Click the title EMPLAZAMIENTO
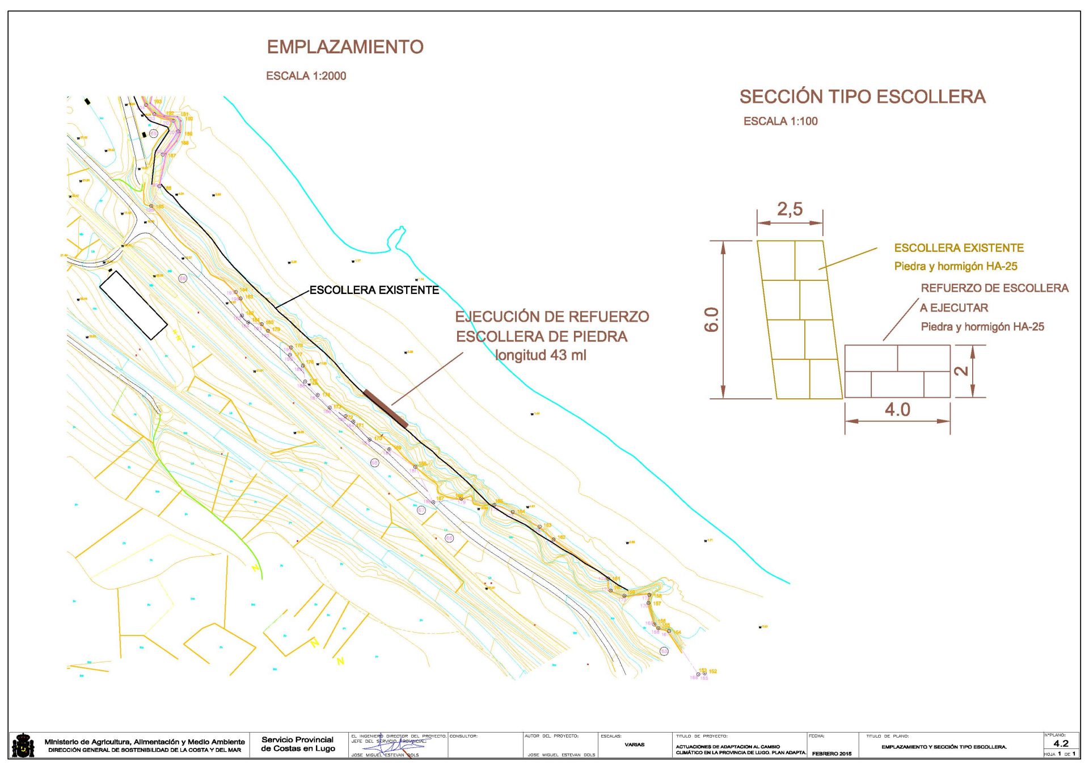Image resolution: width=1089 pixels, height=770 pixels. tap(345, 47)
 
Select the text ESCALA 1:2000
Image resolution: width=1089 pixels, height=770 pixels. tap(306, 76)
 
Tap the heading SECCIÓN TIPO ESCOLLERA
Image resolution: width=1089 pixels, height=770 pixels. tap(862, 97)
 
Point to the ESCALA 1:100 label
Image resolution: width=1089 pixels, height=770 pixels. tap(780, 121)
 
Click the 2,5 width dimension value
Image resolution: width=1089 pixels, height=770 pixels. tap(790, 209)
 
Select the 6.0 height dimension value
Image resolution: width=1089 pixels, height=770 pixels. tap(711, 319)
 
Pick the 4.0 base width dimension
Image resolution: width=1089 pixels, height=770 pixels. tap(897, 410)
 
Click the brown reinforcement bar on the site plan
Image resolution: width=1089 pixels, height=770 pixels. tap(386, 409)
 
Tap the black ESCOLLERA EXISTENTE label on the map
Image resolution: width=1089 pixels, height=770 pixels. tap(374, 291)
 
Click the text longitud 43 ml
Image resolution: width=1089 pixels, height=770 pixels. tap(541, 356)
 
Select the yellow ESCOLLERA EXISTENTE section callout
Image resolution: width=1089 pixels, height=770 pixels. tap(959, 248)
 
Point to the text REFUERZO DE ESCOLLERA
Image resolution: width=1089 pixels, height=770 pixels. tap(994, 288)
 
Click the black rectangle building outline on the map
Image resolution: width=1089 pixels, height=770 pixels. tap(133, 305)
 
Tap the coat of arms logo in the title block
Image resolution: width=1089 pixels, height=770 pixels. tap(23, 745)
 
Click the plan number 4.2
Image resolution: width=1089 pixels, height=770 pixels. tap(1061, 743)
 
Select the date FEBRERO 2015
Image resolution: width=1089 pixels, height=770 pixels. tap(831, 754)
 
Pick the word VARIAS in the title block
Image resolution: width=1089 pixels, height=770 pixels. tap(634, 744)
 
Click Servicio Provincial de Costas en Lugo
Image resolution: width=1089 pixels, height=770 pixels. tap(298, 744)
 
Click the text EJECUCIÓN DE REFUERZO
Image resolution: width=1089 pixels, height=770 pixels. tap(552, 317)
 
